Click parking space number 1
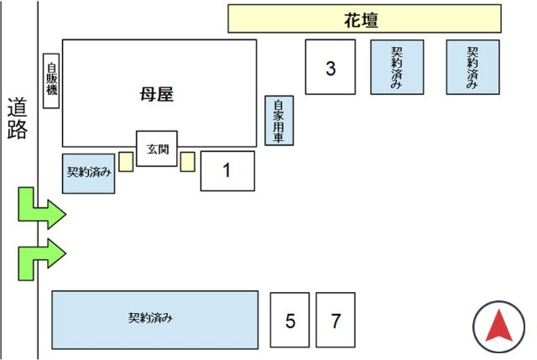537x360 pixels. click(x=227, y=170)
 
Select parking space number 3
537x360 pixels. click(x=331, y=67)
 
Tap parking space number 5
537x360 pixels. click(x=290, y=320)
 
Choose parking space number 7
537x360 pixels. click(x=336, y=320)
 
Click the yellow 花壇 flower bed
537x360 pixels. click(x=364, y=18)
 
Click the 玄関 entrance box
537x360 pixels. click(x=157, y=149)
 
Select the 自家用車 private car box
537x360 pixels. click(x=279, y=121)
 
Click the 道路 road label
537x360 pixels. click(x=18, y=118)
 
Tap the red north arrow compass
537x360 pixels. click(x=498, y=326)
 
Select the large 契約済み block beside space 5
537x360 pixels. click(x=155, y=319)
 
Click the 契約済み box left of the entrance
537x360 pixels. click(x=88, y=173)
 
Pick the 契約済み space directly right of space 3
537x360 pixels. click(x=397, y=67)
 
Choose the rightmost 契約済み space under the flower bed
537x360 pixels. click(x=472, y=67)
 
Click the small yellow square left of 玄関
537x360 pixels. click(x=126, y=161)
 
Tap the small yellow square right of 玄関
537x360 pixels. click(x=187, y=161)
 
